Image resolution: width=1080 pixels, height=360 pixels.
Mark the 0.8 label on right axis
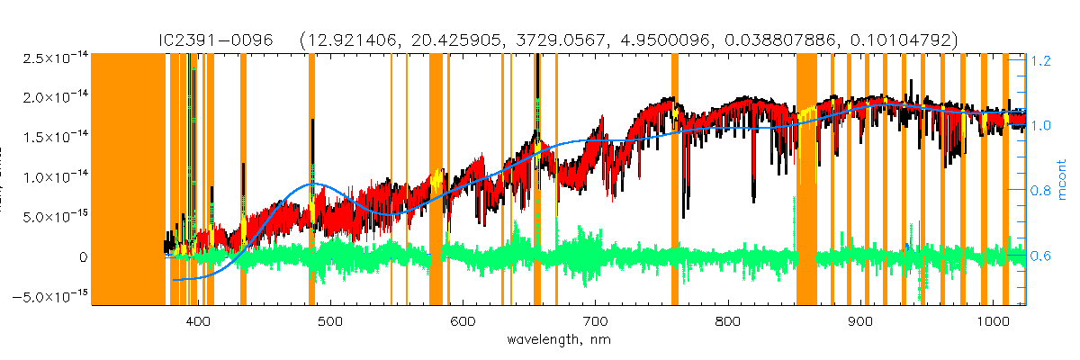1041,191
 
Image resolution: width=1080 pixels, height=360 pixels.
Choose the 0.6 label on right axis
1041,256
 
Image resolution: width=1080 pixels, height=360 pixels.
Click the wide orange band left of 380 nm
129,180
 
